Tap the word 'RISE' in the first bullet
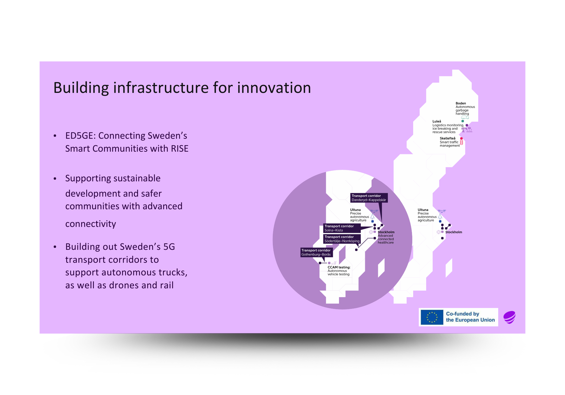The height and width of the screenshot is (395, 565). tap(180, 149)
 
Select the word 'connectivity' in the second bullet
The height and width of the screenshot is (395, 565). tap(91, 224)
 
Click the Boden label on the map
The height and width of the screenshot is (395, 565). tap(461, 103)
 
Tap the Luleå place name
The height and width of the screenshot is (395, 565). tap(437, 121)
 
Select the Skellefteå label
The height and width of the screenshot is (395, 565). tap(447, 138)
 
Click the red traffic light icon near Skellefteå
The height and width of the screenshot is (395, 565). tap(461, 143)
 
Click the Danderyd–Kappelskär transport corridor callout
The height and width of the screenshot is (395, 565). tap(369, 198)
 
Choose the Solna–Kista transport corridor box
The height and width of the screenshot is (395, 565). tap(342, 228)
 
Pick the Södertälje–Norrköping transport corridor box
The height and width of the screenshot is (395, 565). tap(342, 239)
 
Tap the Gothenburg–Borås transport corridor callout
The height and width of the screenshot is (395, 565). tap(316, 252)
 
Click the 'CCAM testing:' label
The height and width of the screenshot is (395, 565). tap(339, 267)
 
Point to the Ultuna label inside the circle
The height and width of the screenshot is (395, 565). tap(355, 210)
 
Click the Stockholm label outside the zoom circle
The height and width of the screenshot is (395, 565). tap(453, 232)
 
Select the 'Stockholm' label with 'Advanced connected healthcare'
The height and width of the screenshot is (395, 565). tap(386, 232)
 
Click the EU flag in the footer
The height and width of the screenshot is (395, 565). tap(432, 317)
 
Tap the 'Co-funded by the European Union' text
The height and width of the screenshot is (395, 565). tap(470, 317)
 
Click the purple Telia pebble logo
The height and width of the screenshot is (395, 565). tap(509, 317)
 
